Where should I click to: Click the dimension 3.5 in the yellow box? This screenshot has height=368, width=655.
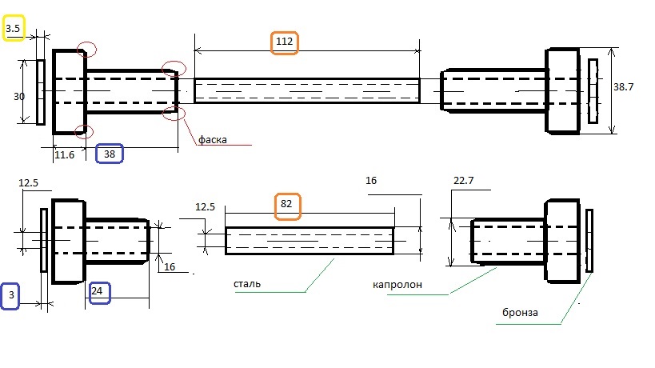[x=14, y=30]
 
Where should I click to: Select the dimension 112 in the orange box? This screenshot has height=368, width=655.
[x=285, y=42]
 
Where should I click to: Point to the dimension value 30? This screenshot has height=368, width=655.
[x=20, y=96]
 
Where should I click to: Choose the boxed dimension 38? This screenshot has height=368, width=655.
[x=109, y=154]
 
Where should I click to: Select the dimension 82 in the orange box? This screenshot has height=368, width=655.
[x=286, y=204]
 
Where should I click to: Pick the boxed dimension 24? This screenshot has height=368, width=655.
[x=97, y=291]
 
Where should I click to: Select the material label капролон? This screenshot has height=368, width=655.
[x=396, y=285]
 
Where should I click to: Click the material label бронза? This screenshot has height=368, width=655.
[x=521, y=313]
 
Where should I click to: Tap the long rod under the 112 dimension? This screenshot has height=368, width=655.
[x=307, y=90]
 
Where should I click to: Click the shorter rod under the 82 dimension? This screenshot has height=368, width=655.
[x=310, y=241]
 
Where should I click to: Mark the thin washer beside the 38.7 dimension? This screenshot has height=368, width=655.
[x=593, y=91]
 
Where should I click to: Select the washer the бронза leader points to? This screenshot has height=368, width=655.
[x=590, y=240]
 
